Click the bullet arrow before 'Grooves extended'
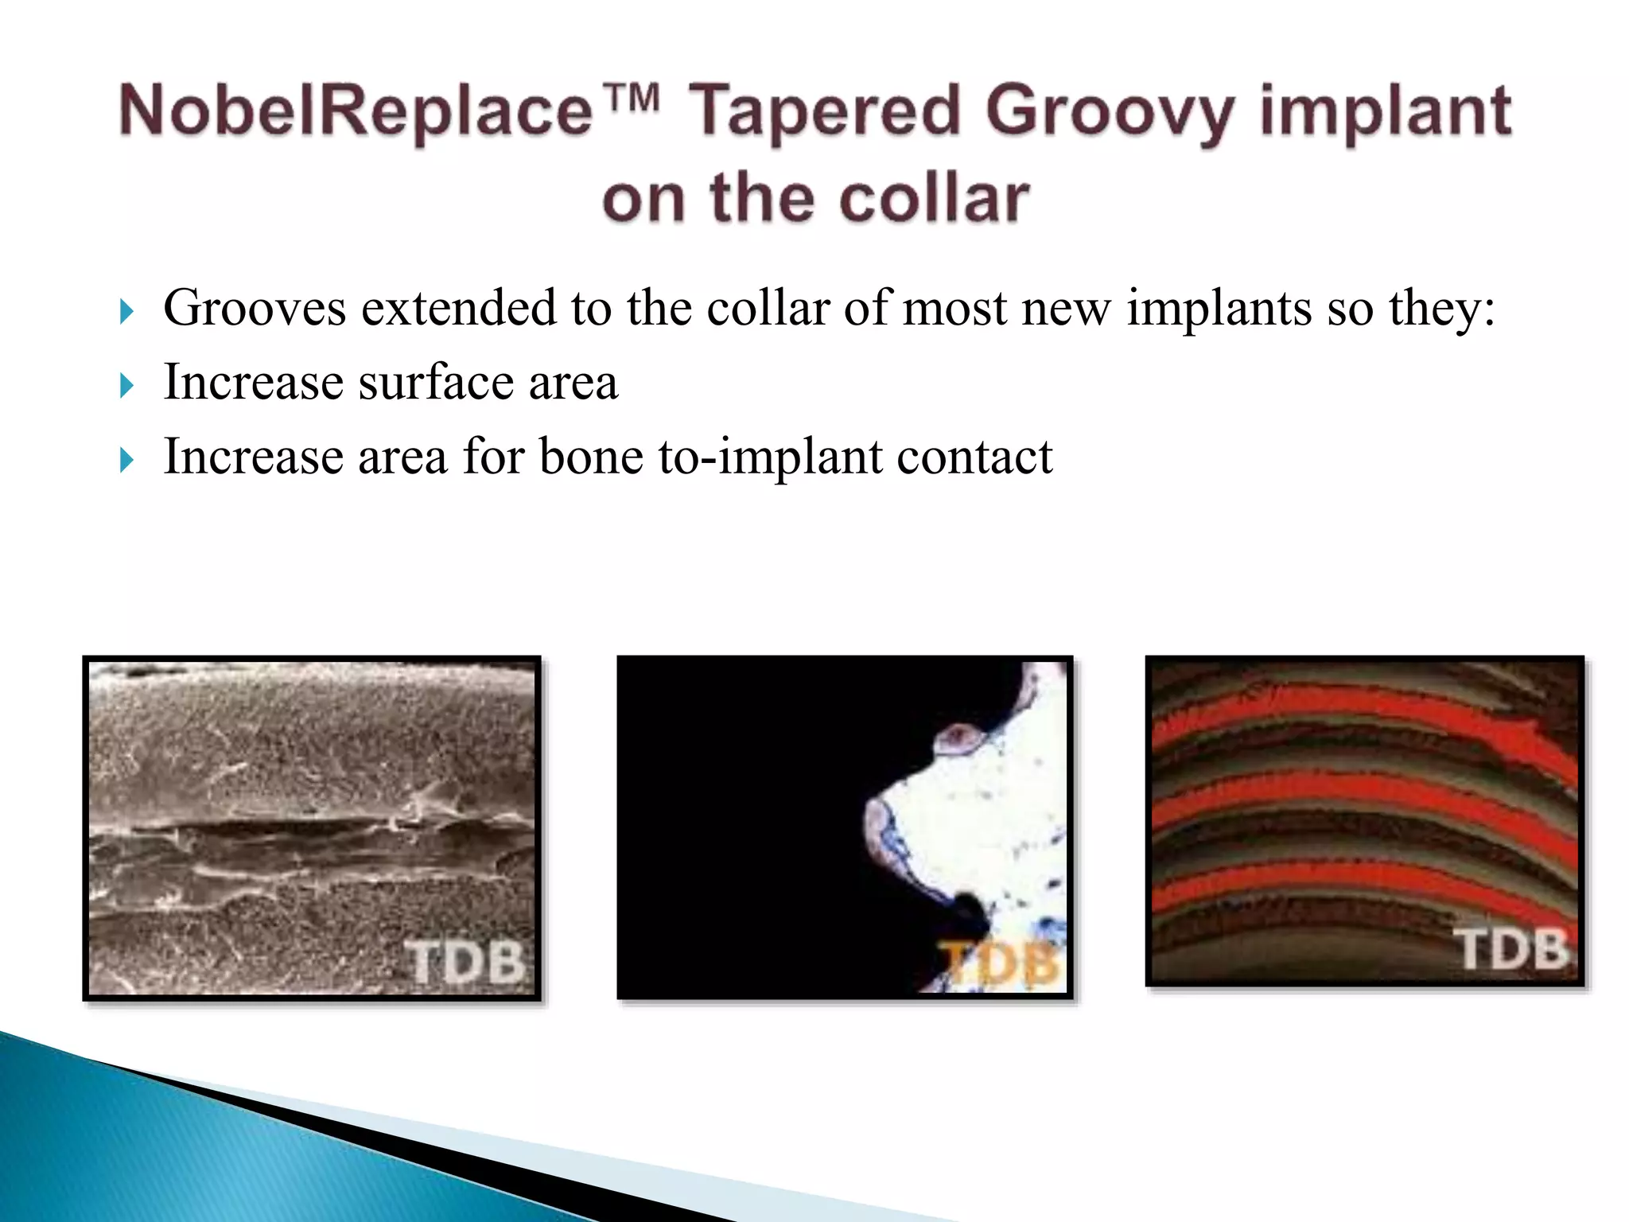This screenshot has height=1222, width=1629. pyautogui.click(x=126, y=312)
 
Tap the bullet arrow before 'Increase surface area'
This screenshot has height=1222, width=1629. pyautogui.click(x=126, y=387)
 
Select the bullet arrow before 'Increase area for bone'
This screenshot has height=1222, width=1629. pyautogui.click(x=126, y=461)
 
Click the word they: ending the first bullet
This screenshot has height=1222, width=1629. pyautogui.click(x=1441, y=309)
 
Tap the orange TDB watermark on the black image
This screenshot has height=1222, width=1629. pyautogui.click(x=999, y=964)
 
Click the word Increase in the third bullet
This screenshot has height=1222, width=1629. pyautogui.click(x=253, y=457)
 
